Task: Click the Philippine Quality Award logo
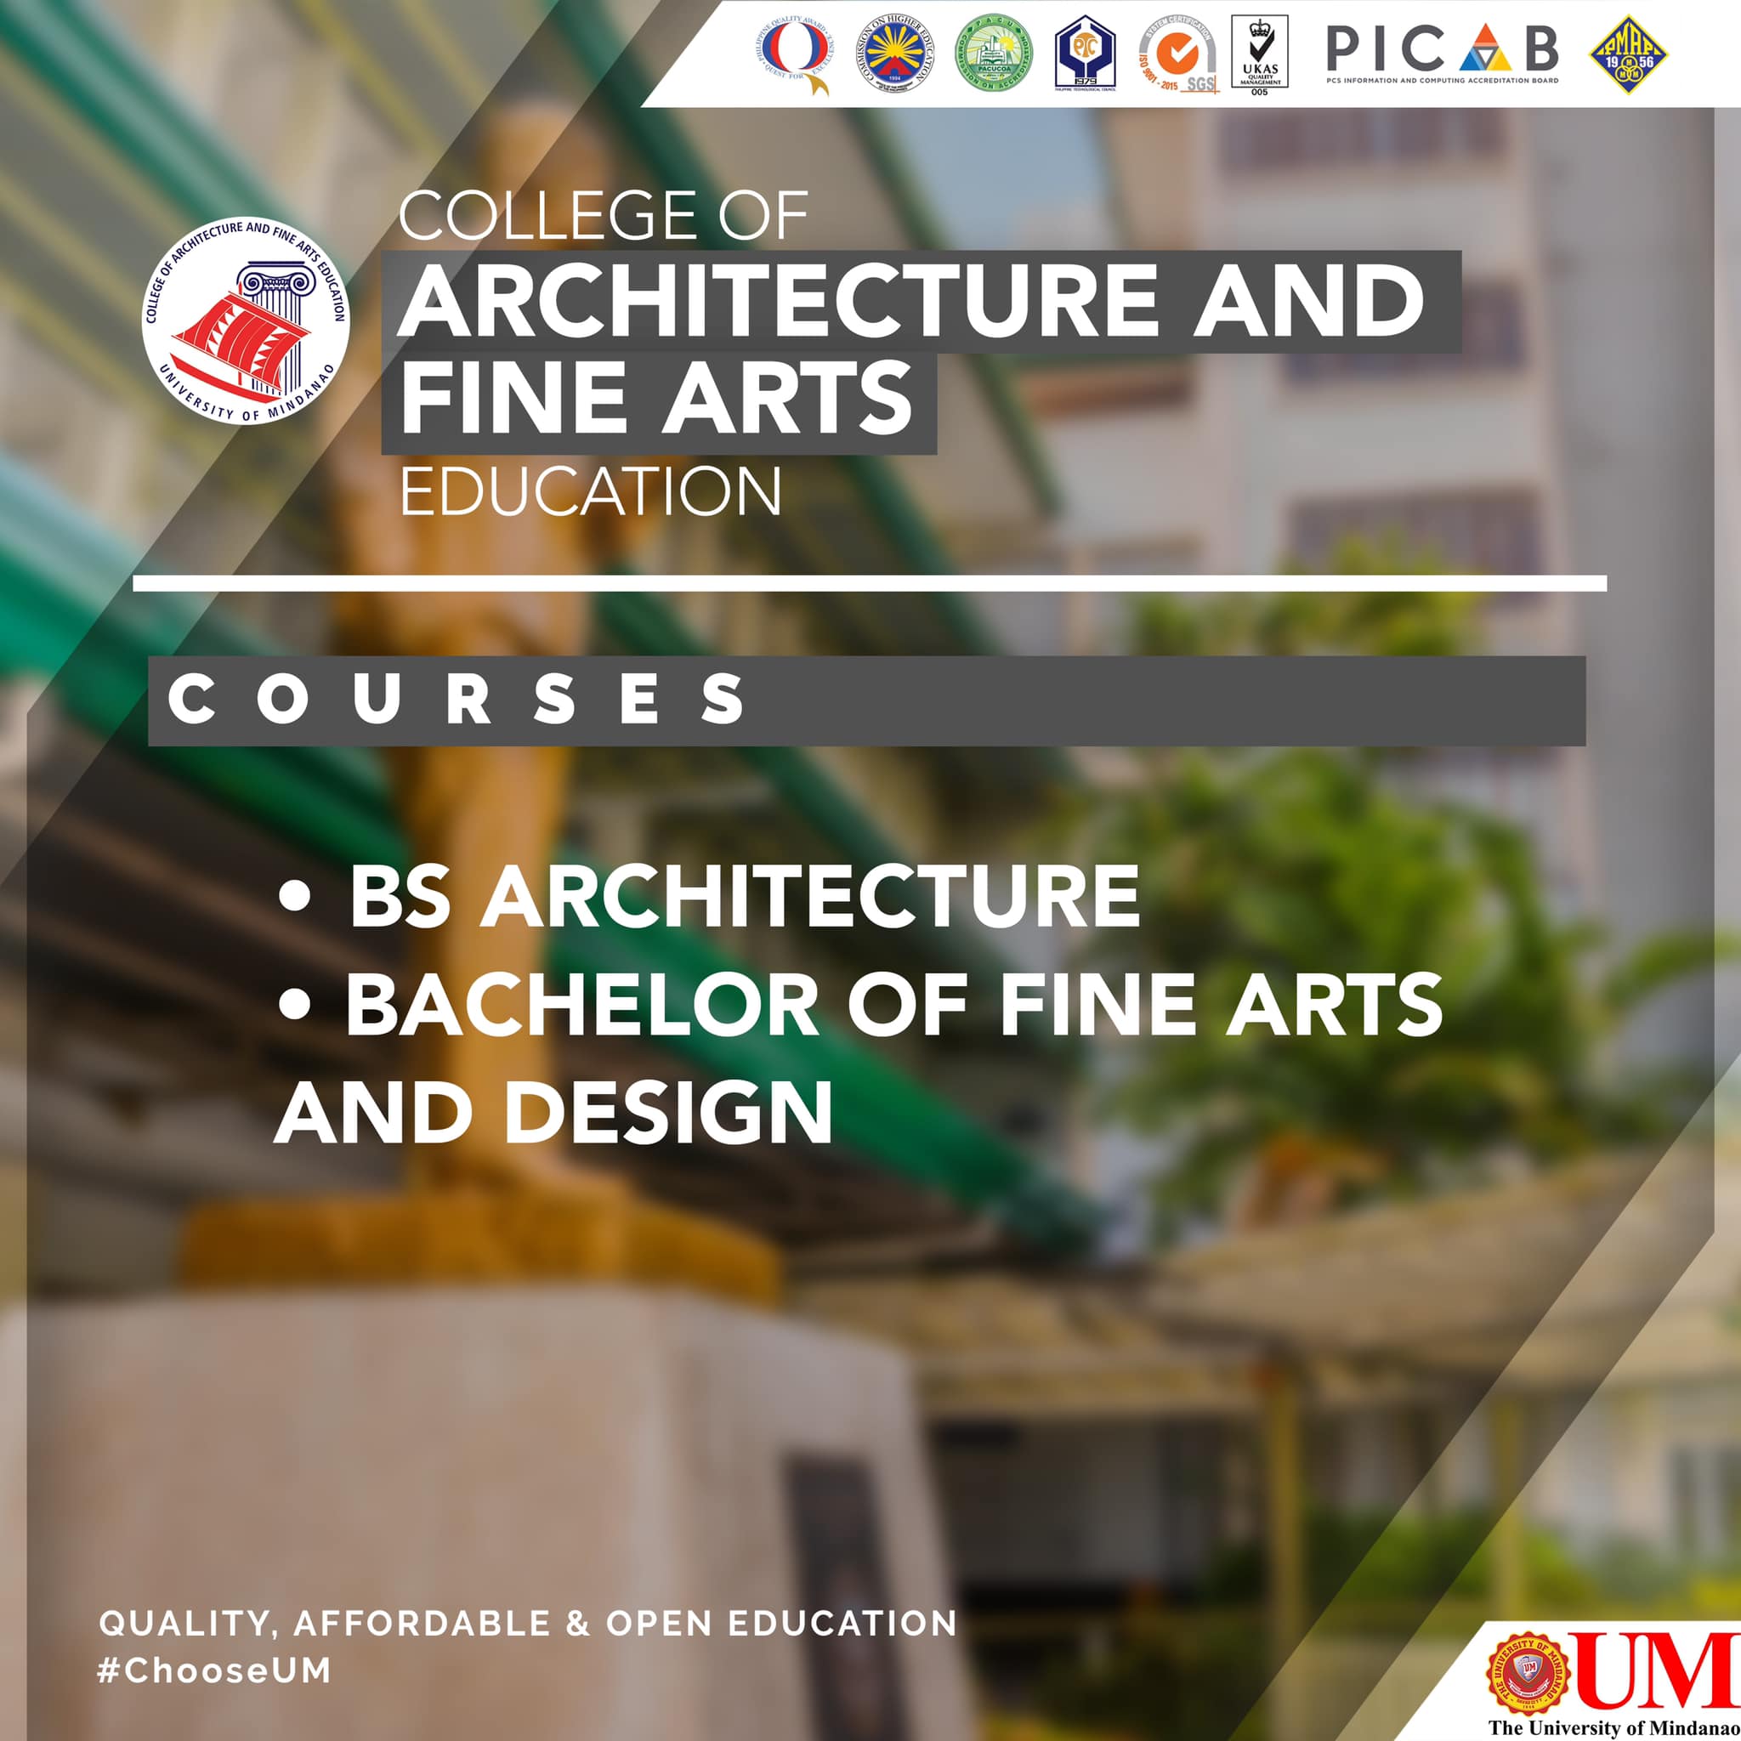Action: pyautogui.click(x=793, y=55)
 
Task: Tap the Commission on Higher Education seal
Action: pyautogui.click(x=895, y=54)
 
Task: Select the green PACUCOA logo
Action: pyautogui.click(x=993, y=54)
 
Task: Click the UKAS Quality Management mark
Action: pyautogui.click(x=1259, y=54)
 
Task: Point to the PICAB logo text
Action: pyautogui.click(x=1442, y=49)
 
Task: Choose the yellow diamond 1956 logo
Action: pyautogui.click(x=1628, y=55)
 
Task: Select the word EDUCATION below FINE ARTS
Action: pyautogui.click(x=590, y=492)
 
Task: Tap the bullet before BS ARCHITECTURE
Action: pyautogui.click(x=295, y=898)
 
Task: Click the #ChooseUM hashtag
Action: pyautogui.click(x=214, y=1670)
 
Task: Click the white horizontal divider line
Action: pyautogui.click(x=870, y=584)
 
